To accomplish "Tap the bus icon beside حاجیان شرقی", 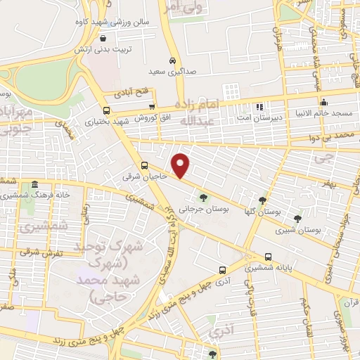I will tap(144, 166).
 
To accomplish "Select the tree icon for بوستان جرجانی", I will tap(204, 198).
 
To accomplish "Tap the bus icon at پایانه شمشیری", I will tap(268, 257).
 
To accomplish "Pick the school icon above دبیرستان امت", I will tap(259, 106).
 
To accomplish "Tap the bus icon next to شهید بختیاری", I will tap(106, 110).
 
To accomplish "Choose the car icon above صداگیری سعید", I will tap(172, 60).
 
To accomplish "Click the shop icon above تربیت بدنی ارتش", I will tap(104, 39).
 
